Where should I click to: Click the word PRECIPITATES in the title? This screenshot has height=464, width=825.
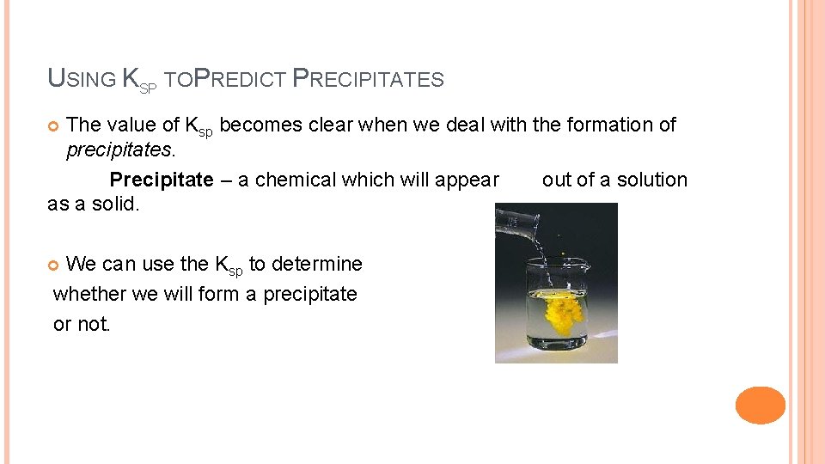coord(369,80)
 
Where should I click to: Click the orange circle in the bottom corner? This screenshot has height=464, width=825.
coord(760,405)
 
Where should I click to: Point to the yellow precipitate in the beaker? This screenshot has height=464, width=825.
coord(564,312)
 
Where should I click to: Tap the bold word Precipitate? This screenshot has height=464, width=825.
coord(161,180)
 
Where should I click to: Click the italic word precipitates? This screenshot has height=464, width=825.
coord(119,150)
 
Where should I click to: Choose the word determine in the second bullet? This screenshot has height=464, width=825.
coord(317,264)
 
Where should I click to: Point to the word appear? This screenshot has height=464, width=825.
coord(467,180)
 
